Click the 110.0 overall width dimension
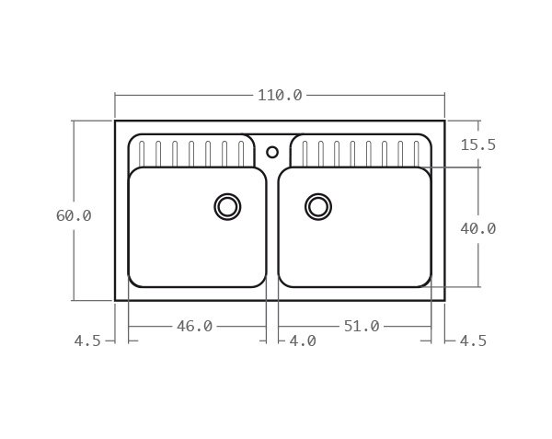(x=280, y=95)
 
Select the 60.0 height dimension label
(x=74, y=215)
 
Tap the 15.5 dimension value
(x=477, y=144)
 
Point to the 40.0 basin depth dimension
(x=477, y=228)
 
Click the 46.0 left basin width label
(x=194, y=326)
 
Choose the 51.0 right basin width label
(x=362, y=326)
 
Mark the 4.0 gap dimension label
(x=302, y=341)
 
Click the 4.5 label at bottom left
(x=87, y=341)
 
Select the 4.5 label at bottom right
(x=473, y=341)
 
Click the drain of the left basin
(x=227, y=206)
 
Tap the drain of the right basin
(x=318, y=206)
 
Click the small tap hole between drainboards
(x=272, y=152)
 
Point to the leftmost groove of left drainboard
(x=142, y=153)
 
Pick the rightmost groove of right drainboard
(x=417, y=153)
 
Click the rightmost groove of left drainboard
(x=241, y=153)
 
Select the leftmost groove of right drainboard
(x=305, y=153)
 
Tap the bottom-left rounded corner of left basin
(x=134, y=281)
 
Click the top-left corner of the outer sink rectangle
(x=115, y=121)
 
